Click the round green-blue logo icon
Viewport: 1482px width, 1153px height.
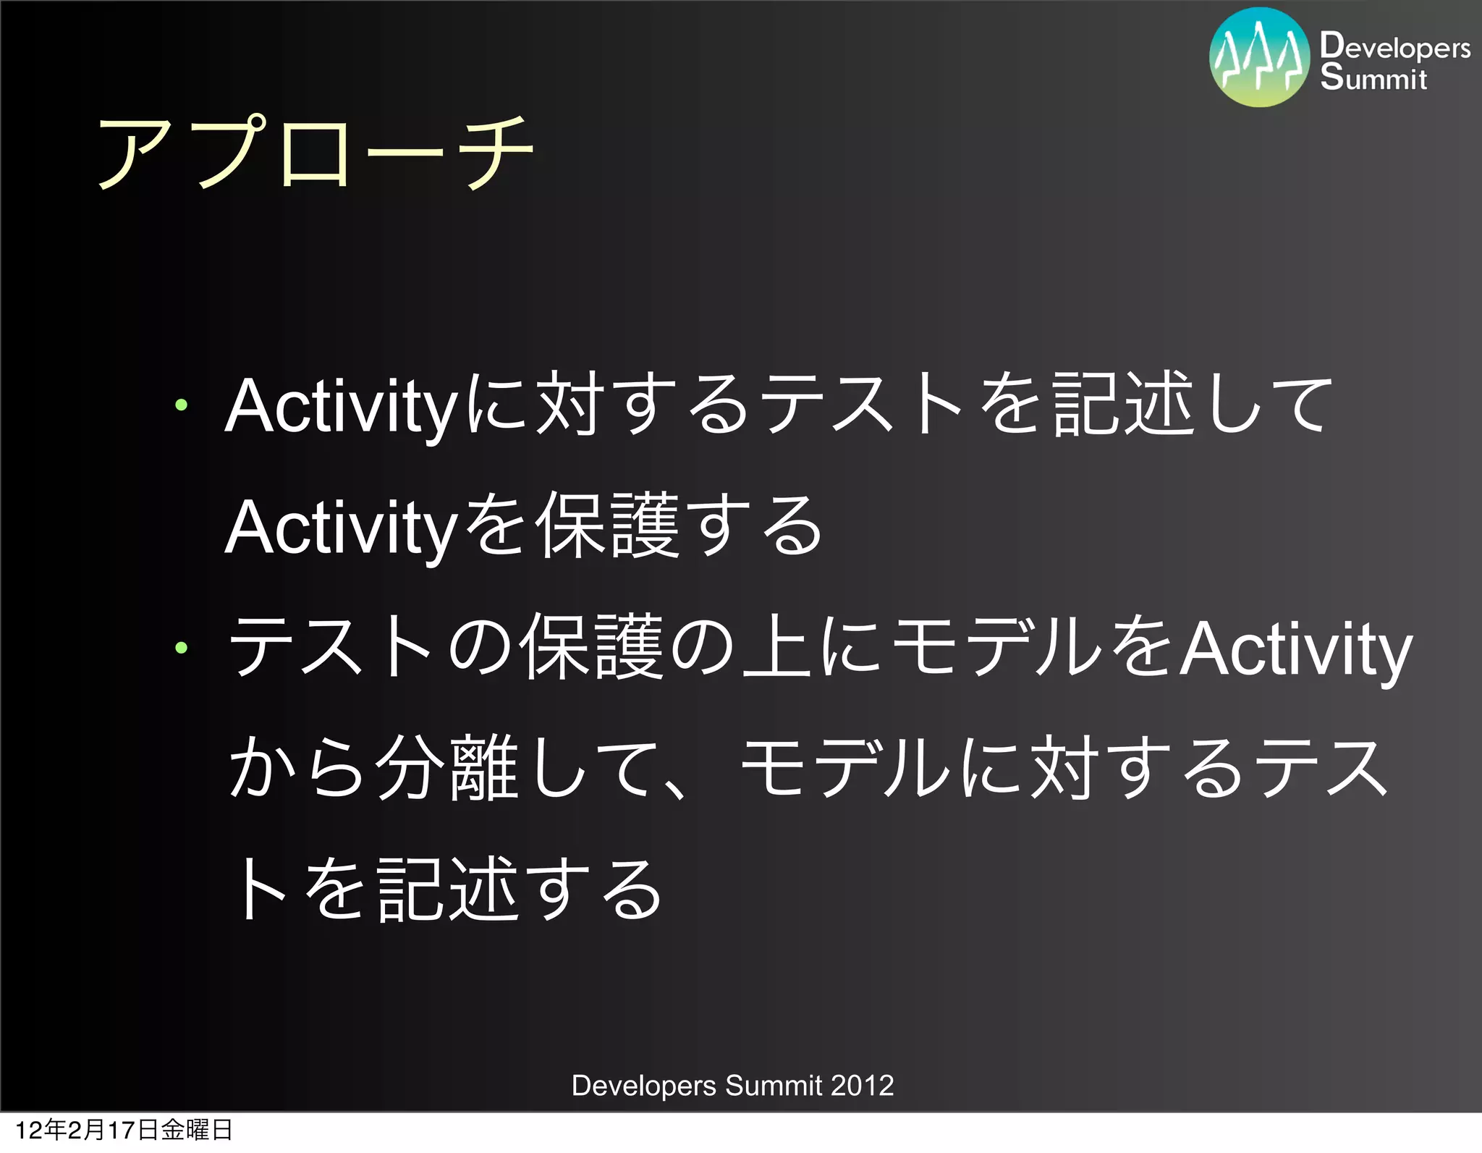click(x=1259, y=58)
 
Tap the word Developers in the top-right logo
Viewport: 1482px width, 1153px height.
click(x=1394, y=46)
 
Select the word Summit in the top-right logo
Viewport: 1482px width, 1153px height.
click(x=1373, y=77)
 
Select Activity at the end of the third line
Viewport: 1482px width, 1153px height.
click(x=1295, y=649)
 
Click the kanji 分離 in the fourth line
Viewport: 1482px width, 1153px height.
click(x=446, y=769)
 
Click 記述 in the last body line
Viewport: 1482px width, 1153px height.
click(x=447, y=890)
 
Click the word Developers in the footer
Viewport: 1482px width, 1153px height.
click(x=643, y=1086)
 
